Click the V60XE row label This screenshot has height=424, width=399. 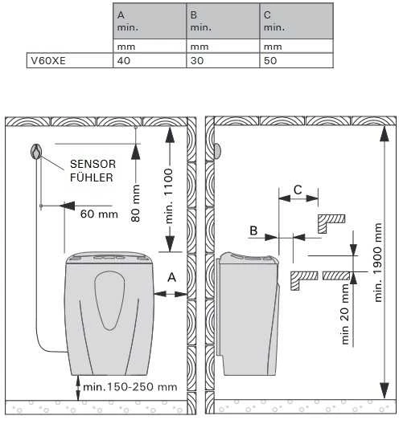pyautogui.click(x=48, y=60)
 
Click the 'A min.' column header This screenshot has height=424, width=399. pyautogui.click(x=150, y=21)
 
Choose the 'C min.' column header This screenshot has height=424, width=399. pyautogui.click(x=296, y=21)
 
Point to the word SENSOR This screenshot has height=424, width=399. pyautogui.click(x=93, y=164)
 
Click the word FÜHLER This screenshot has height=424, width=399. pyautogui.click(x=92, y=177)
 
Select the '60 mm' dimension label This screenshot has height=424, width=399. pyautogui.click(x=99, y=214)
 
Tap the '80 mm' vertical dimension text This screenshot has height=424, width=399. pyautogui.click(x=135, y=203)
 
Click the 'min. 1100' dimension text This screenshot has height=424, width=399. pyautogui.click(x=169, y=196)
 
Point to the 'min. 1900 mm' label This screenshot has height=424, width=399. pyautogui.click(x=377, y=263)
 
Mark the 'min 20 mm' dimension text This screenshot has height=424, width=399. pyautogui.click(x=345, y=314)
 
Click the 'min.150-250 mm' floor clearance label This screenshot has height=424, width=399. pyautogui.click(x=130, y=387)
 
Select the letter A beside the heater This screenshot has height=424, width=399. pyautogui.click(x=171, y=277)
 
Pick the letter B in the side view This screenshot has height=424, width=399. pyautogui.click(x=253, y=230)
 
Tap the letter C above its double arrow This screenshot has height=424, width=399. pyautogui.click(x=298, y=190)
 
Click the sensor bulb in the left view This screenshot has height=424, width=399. pyautogui.click(x=36, y=152)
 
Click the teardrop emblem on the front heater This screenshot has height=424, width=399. pyautogui.click(x=109, y=300)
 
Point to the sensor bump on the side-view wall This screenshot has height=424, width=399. pyautogui.click(x=217, y=151)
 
